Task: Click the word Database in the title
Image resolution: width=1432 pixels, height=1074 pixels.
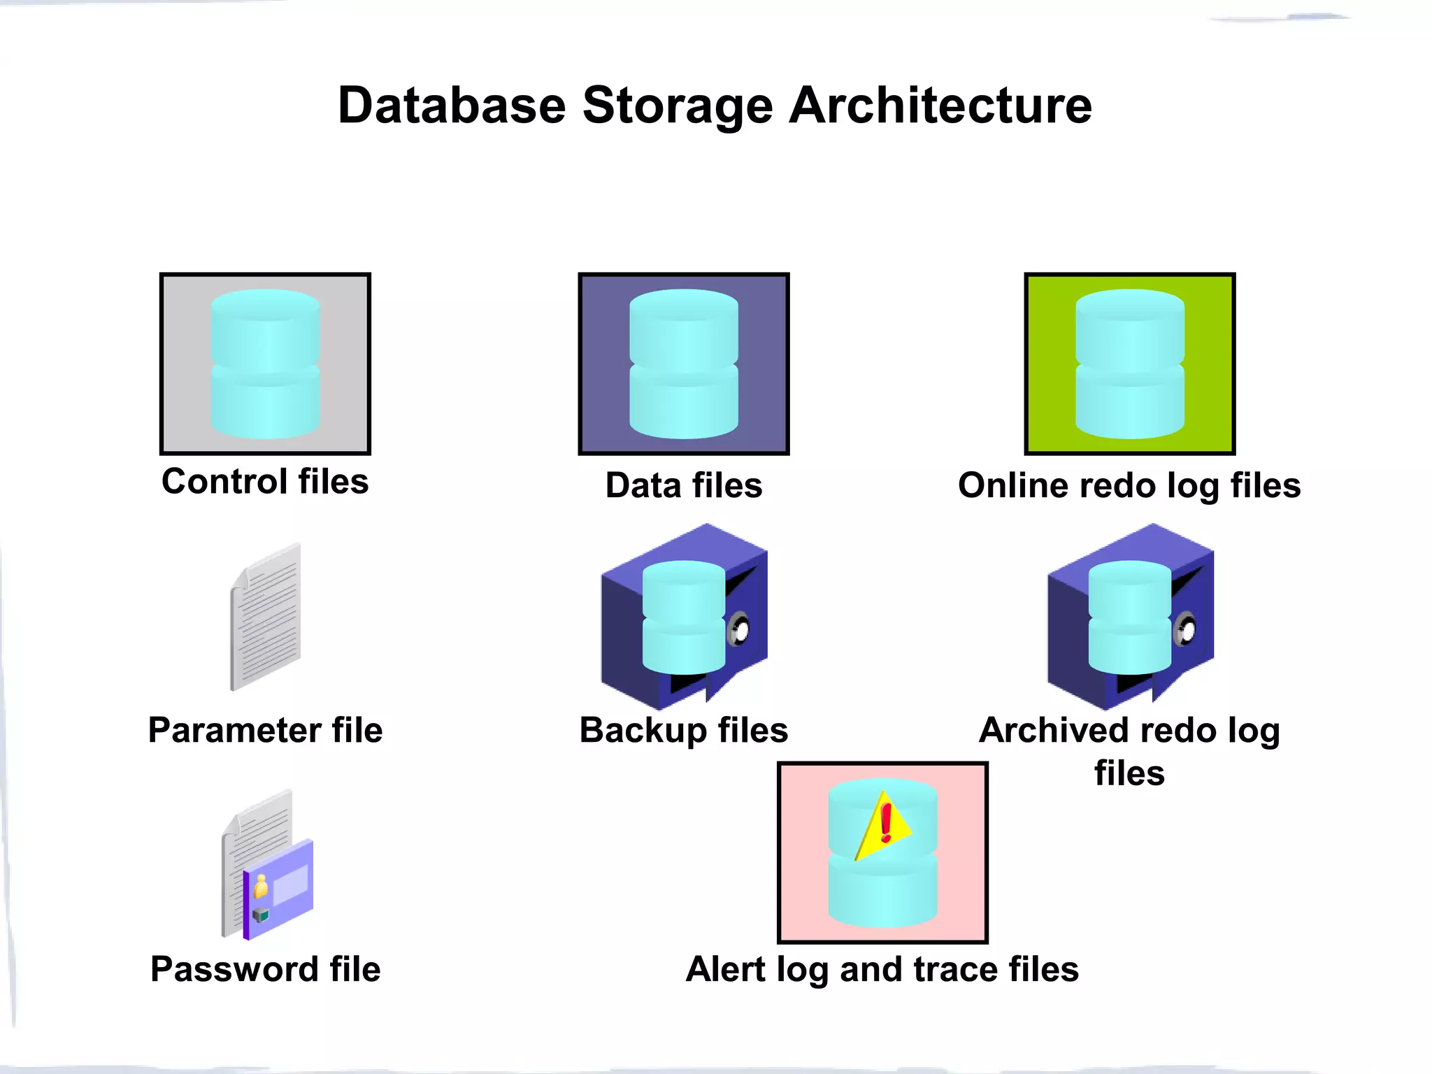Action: click(x=452, y=106)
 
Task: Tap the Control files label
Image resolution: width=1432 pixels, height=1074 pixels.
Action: click(x=265, y=482)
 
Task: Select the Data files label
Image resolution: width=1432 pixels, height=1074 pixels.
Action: click(x=684, y=485)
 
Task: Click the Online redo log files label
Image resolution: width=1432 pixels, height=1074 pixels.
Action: click(x=1129, y=485)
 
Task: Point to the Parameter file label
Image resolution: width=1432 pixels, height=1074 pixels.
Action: click(x=265, y=730)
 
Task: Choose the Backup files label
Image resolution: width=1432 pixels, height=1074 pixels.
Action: click(x=684, y=730)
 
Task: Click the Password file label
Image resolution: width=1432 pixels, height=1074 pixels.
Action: click(x=265, y=969)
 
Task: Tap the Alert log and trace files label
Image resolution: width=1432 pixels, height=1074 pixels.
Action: click(x=882, y=969)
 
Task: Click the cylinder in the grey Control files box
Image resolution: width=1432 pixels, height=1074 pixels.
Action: click(x=265, y=364)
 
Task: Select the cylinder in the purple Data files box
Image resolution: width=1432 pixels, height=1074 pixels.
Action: click(x=684, y=364)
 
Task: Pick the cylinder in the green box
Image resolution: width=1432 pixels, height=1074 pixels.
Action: click(x=1129, y=364)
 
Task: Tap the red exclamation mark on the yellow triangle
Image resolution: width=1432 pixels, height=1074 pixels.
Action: click(x=887, y=822)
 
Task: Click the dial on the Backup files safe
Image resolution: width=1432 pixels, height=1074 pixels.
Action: click(x=738, y=629)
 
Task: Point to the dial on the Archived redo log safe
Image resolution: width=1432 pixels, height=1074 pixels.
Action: click(x=1185, y=629)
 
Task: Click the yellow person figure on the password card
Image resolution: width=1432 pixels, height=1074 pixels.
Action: click(x=261, y=887)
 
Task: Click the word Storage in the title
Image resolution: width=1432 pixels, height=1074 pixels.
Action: click(x=678, y=106)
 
